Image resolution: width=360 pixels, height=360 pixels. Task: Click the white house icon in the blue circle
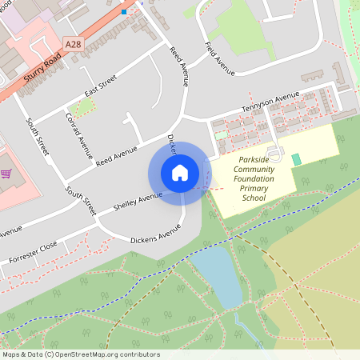180,173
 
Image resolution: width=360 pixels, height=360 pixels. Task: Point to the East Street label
101,85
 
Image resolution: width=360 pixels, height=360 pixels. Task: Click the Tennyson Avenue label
270,102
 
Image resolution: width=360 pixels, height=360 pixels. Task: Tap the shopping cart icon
6,173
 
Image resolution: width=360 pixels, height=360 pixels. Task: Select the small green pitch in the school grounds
297,159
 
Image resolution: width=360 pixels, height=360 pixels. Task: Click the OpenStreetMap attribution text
81,354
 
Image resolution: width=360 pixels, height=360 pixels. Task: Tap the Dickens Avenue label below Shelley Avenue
156,237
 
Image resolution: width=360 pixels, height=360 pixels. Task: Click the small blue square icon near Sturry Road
122,12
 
